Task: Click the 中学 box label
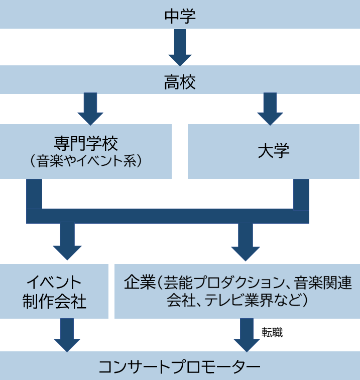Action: [x=180, y=16]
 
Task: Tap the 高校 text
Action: [x=180, y=81]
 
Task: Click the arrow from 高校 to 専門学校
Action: [x=90, y=108]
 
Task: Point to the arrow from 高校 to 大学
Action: [x=270, y=108]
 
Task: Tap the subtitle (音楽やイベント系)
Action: [x=86, y=161]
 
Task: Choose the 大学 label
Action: [x=274, y=151]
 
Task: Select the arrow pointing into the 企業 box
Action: [x=246, y=241]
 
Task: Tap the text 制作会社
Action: [x=54, y=301]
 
